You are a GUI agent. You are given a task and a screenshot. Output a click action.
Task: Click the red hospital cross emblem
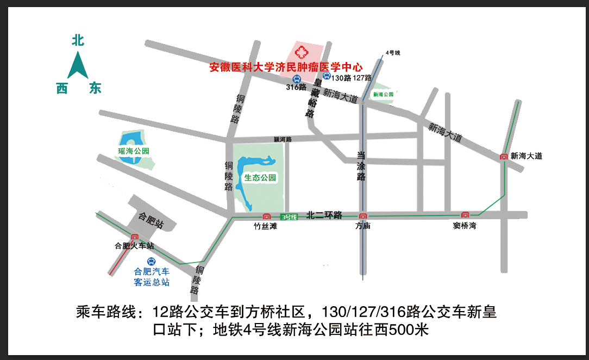click(x=300, y=53)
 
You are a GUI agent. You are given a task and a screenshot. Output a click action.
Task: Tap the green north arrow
click(x=78, y=65)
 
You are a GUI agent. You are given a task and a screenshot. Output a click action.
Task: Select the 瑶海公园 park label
click(x=134, y=151)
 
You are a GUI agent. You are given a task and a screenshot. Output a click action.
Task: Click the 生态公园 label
click(x=260, y=178)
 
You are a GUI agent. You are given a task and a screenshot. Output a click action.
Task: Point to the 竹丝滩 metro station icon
click(x=266, y=216)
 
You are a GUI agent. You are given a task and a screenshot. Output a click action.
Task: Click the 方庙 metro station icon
click(x=362, y=216)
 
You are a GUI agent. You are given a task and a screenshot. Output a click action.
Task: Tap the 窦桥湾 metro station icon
click(x=465, y=215)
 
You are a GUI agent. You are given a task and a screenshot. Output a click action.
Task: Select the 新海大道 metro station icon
click(x=504, y=157)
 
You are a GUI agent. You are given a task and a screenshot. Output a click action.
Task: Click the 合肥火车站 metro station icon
click(x=134, y=237)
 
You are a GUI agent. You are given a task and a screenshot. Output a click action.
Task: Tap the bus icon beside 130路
click(x=326, y=77)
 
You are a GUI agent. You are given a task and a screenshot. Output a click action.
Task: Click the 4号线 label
click(x=392, y=53)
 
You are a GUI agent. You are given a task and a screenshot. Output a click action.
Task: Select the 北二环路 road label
click(x=324, y=215)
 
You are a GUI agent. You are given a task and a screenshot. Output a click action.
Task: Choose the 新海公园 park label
click(x=383, y=94)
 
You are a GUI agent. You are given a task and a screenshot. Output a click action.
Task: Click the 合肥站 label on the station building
click(x=152, y=219)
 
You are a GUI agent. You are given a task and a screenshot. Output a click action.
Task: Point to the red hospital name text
click(x=286, y=68)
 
